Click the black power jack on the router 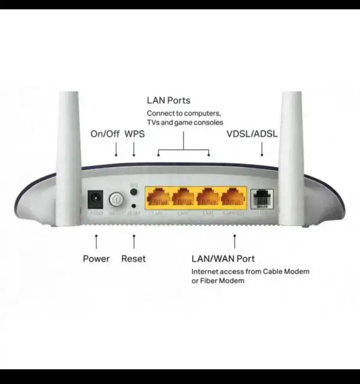(x=95, y=199)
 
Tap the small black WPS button (x=134, y=192)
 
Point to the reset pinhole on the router (x=134, y=206)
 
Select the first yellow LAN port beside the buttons (x=158, y=198)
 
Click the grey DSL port (x=262, y=199)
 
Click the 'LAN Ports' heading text (x=168, y=100)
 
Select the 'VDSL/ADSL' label (x=252, y=134)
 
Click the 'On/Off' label (x=105, y=134)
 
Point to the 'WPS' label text (x=134, y=134)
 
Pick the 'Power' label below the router (x=96, y=259)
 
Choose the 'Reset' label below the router (x=133, y=259)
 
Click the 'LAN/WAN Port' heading (x=223, y=259)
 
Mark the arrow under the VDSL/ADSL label (x=262, y=149)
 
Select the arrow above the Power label (x=96, y=242)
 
